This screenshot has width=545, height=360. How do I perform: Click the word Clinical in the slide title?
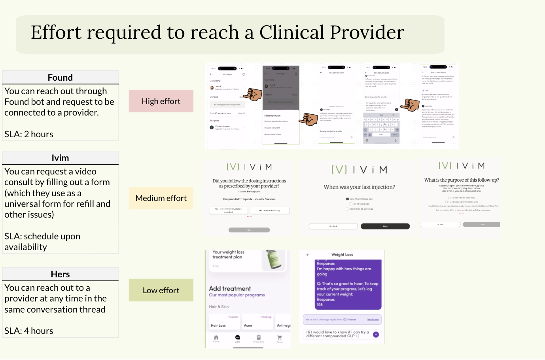291,32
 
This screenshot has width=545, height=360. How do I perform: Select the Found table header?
60,78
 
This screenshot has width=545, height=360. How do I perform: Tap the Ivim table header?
60,158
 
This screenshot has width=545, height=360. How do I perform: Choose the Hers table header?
60,274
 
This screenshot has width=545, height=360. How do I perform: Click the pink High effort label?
161,101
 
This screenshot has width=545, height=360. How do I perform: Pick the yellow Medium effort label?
161,198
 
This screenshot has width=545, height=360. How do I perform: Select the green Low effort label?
161,290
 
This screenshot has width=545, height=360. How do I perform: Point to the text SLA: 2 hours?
29,134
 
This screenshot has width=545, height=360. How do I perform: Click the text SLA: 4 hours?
29,331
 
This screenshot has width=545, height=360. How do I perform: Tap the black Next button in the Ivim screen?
385,226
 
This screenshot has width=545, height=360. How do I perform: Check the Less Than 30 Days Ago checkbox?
347,199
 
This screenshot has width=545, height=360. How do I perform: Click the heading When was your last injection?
359,187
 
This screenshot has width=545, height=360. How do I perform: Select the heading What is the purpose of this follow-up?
462,180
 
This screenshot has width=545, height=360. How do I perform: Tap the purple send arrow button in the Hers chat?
376,335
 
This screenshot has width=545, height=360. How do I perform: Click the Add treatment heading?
230,288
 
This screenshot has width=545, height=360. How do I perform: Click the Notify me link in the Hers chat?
373,320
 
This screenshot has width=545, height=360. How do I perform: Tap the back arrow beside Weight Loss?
308,255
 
